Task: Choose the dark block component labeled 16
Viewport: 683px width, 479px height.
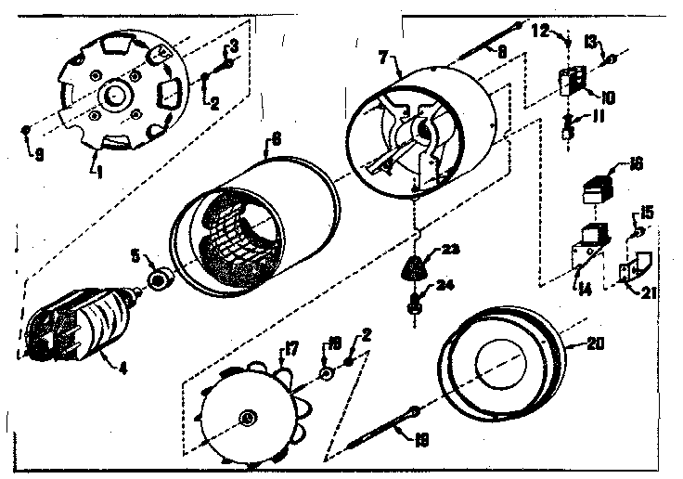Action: point(593,194)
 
